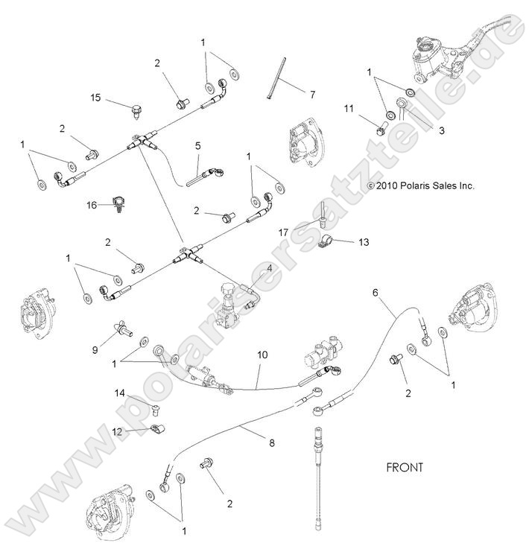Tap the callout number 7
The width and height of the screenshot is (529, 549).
pos(312,95)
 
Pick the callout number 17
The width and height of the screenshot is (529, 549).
pos(284,231)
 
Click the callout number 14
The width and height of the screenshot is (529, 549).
pos(120,393)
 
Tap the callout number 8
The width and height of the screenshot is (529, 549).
pos(270,443)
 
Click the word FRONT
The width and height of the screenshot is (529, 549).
pos(405,468)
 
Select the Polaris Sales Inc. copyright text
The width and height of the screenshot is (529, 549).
pos(421,186)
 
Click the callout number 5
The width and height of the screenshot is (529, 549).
pos(197,147)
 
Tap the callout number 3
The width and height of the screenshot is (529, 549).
pos(443,130)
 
